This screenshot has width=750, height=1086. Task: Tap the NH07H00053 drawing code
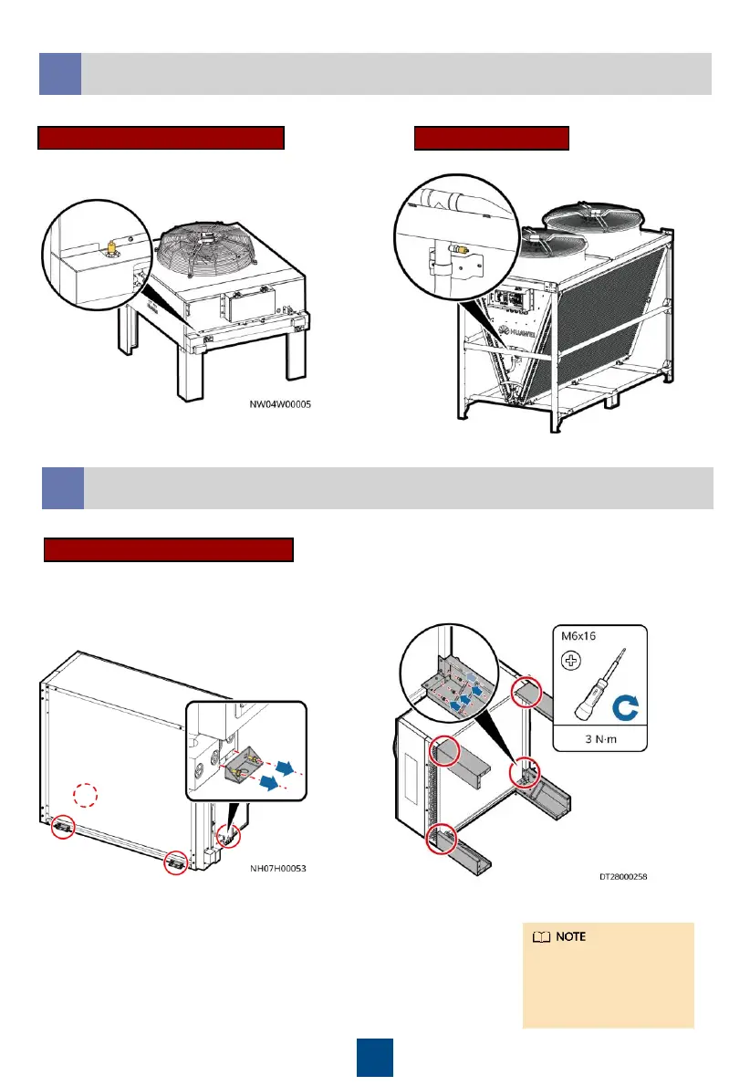[278, 870]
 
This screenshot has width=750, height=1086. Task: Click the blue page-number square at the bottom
[374, 1057]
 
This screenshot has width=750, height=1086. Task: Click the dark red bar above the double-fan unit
[492, 138]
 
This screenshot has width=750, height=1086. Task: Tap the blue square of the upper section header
[60, 74]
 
